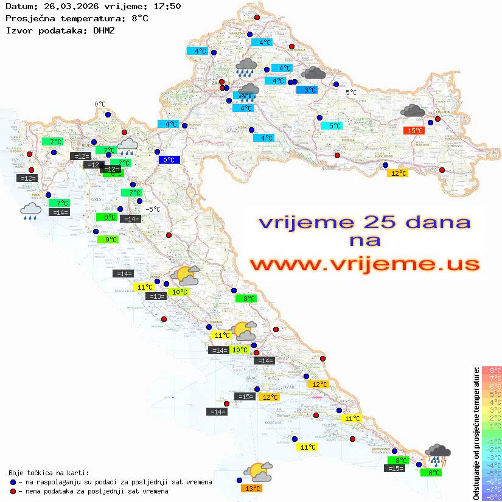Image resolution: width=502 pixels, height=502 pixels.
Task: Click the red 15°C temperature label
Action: coord(414,130)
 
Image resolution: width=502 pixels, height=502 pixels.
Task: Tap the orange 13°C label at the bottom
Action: coord(253,488)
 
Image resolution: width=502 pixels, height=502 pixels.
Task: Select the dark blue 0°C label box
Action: coord(169,160)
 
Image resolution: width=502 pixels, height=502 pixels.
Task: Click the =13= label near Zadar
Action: coord(156,296)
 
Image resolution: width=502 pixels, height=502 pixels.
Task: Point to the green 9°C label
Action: coord(108,240)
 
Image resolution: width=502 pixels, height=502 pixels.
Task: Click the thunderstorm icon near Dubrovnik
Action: coord(438,455)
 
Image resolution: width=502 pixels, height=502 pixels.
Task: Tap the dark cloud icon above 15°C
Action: coord(413,111)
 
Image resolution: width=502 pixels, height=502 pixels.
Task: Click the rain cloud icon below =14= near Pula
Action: coord(31,211)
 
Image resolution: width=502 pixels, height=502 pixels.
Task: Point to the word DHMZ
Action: coord(104,30)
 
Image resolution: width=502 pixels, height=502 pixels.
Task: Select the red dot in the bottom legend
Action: coord(13,490)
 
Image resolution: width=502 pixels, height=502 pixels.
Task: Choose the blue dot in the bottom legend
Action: coord(13,482)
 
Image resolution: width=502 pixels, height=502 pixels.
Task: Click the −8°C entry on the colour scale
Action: coord(492,497)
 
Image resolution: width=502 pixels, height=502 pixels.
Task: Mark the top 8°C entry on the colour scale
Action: coord(492,371)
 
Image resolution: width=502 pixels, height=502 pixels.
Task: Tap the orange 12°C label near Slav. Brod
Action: coord(398,173)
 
